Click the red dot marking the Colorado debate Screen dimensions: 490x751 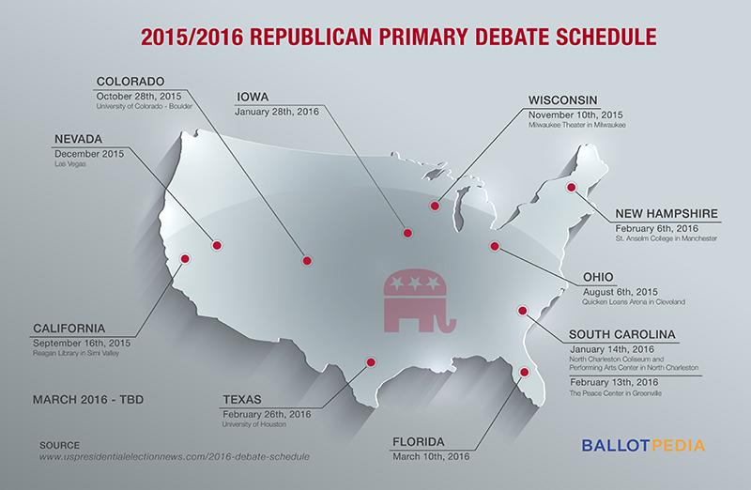click(306, 261)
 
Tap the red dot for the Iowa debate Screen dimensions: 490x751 click(406, 233)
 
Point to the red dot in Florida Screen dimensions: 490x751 click(525, 373)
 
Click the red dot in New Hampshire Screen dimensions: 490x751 click(570, 186)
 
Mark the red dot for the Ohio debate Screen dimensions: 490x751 click(494, 246)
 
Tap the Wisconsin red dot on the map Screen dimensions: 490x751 click(435, 206)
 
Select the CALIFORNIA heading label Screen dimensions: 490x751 click(69, 328)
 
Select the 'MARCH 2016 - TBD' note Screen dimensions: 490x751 click(87, 399)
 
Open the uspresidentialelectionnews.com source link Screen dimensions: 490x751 click(174, 455)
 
